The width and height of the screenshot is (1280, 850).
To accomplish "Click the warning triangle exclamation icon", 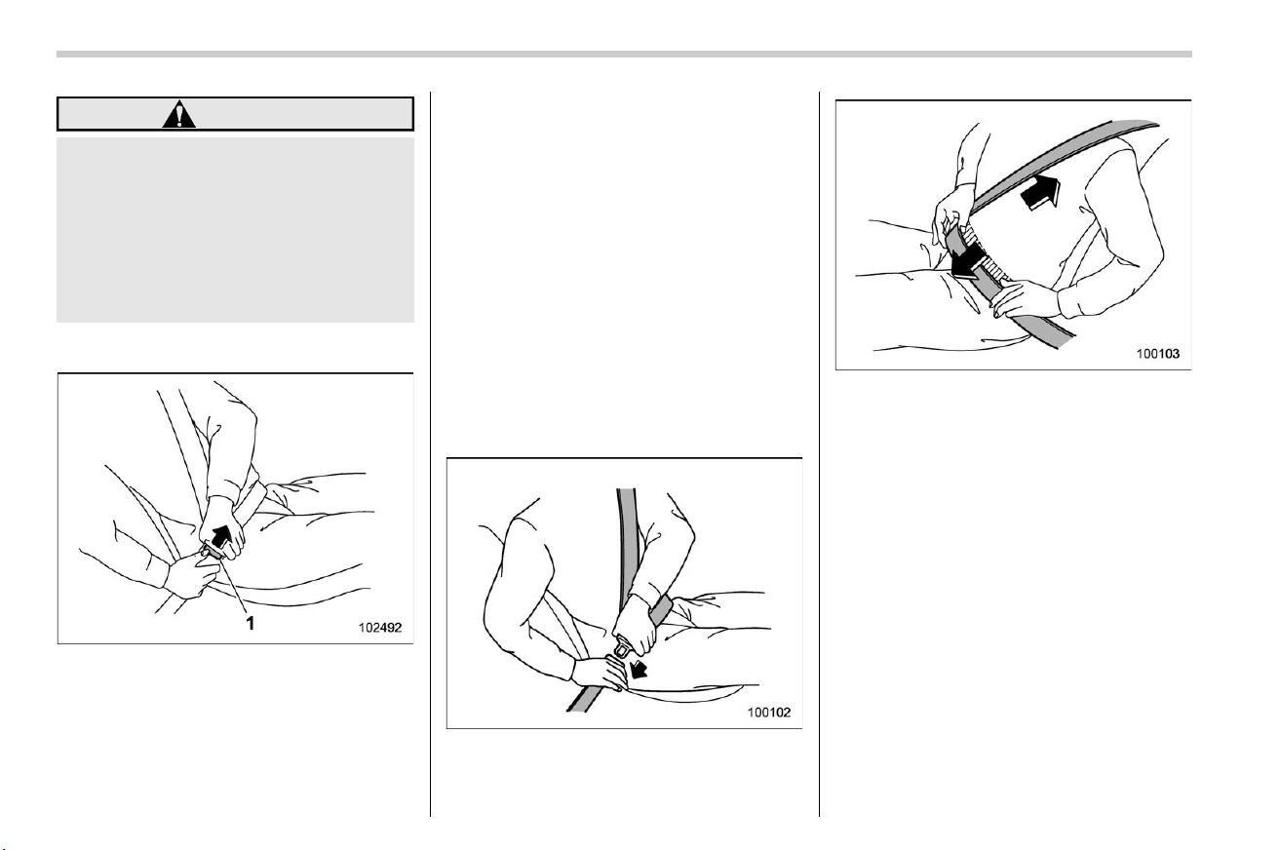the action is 178,114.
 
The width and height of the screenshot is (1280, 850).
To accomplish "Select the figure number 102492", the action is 380,628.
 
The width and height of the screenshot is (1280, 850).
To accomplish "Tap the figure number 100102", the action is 769,713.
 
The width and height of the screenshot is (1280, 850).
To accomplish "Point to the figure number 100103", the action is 1158,354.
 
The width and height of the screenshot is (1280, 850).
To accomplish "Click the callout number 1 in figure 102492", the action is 250,623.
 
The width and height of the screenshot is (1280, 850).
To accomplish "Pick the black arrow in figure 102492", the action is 221,536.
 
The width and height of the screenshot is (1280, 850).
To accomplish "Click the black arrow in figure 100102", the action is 638,670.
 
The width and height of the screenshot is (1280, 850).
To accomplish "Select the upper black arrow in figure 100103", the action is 1040,192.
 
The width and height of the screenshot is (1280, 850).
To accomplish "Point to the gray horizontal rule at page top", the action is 624,55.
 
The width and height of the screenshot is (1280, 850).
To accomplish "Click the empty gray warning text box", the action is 235,230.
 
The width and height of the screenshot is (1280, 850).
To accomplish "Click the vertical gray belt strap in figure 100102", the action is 629,543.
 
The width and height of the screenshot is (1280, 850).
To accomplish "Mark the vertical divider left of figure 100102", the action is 430,454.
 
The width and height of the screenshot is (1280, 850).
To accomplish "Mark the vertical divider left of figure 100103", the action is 820,454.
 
